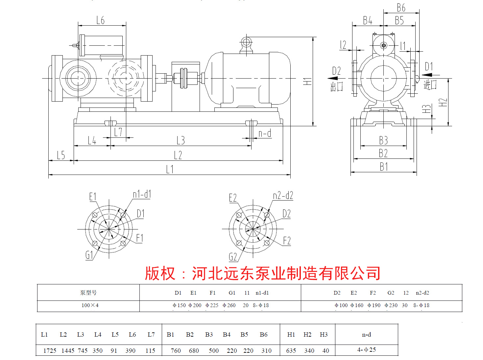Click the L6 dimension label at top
point(101,20)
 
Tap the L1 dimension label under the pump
point(170,169)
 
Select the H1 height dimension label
point(307,81)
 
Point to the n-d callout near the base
point(265,133)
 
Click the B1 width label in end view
point(384,167)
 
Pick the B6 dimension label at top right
point(401,8)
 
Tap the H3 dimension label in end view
point(426,109)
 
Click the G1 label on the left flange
point(89,255)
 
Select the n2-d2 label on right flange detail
point(283,196)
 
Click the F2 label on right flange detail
point(287,241)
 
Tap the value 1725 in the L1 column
point(50,351)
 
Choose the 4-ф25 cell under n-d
point(366,350)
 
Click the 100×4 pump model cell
point(90,305)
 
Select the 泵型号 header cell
point(88,293)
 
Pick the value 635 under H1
point(291,351)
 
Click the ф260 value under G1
point(229,305)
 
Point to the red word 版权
point(160,274)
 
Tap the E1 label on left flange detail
point(93,197)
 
